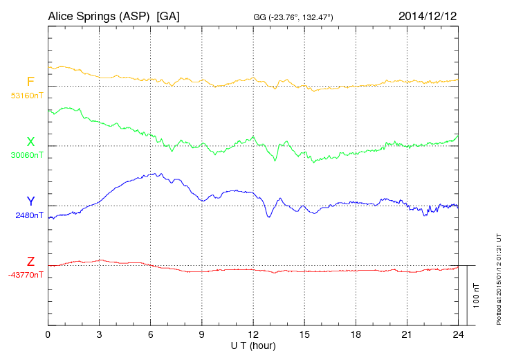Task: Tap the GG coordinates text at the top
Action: [x=294, y=16]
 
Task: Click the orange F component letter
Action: [x=30, y=82]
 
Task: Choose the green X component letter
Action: [x=30, y=142]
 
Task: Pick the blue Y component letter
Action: [x=30, y=201]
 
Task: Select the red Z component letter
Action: [x=30, y=262]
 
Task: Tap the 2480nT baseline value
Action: [x=29, y=215]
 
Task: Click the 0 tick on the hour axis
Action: [x=48, y=334]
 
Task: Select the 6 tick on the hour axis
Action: [x=150, y=334]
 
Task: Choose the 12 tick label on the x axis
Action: [x=253, y=334]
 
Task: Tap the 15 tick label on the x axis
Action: [x=304, y=334]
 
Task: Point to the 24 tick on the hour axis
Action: [x=458, y=334]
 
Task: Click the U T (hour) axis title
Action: [x=253, y=345]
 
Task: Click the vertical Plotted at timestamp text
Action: [x=498, y=276]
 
